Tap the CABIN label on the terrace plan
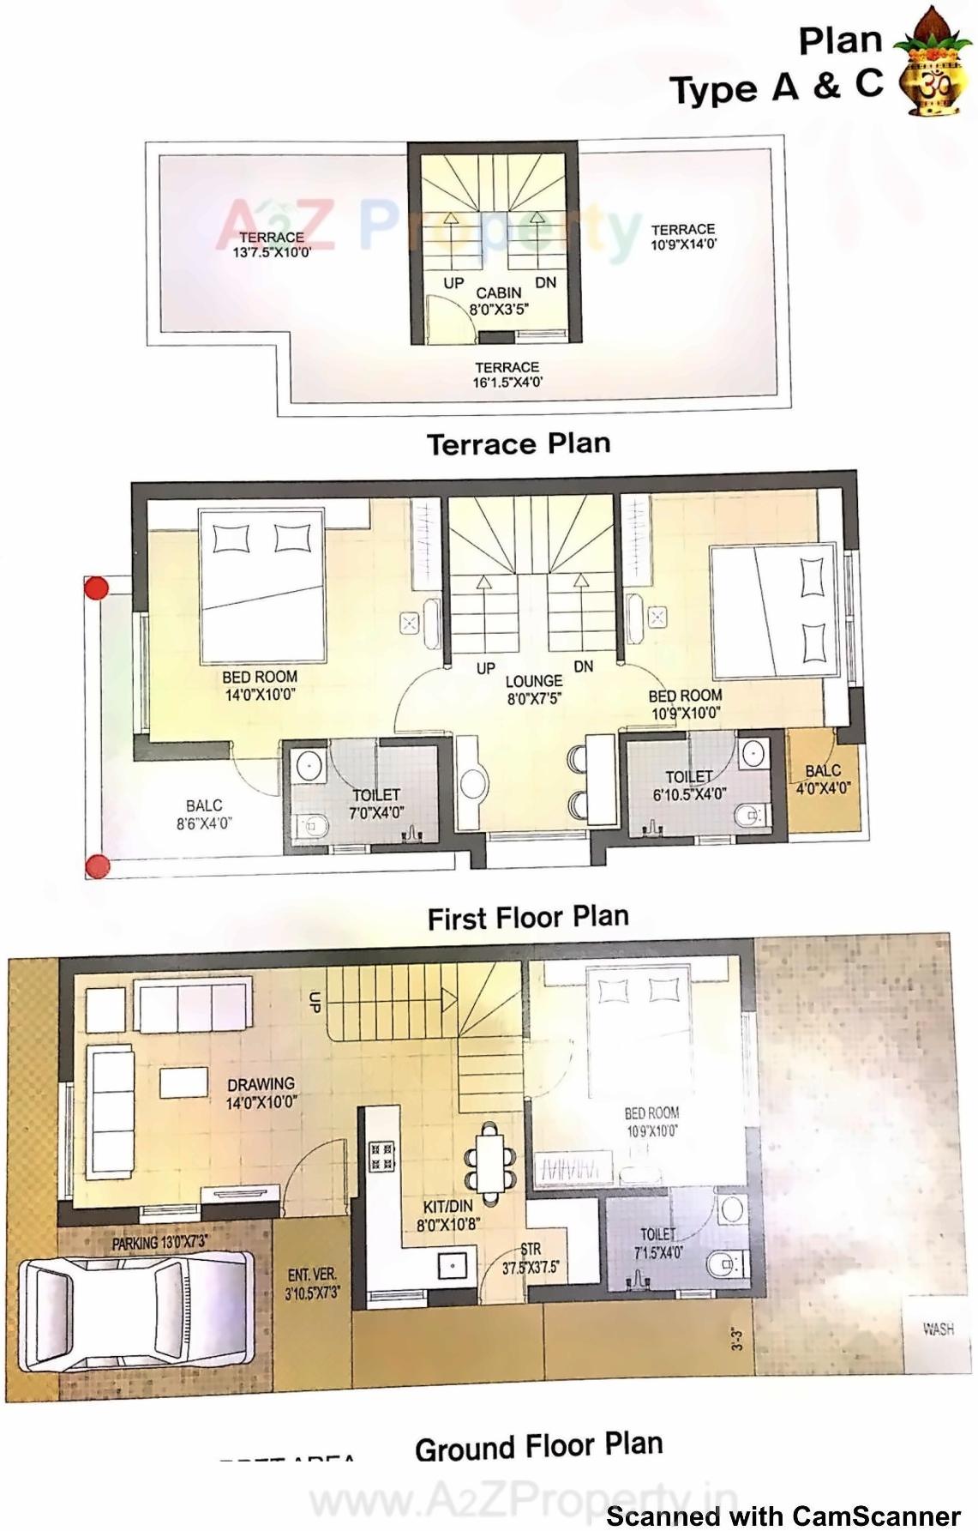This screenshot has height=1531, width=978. coord(499,292)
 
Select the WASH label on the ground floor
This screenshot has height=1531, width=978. coord(938,1329)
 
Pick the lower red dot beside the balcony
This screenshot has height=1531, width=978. coord(97,865)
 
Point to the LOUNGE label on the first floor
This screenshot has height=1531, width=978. coord(533,682)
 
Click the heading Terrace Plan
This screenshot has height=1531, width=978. coord(519,444)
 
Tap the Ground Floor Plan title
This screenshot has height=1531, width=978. coord(538,1447)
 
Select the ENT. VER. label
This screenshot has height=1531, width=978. coord(312,1275)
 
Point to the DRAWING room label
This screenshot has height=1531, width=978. coord(261,1084)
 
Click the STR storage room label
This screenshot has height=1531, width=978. coord(530,1251)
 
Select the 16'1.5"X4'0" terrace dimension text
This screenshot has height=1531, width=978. coord(507,383)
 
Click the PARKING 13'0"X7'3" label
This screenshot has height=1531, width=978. coord(159,1243)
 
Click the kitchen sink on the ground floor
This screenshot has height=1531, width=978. coord(452,1264)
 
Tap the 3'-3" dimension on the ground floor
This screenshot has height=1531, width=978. coord(736,1339)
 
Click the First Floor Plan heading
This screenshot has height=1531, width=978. coord(528,917)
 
